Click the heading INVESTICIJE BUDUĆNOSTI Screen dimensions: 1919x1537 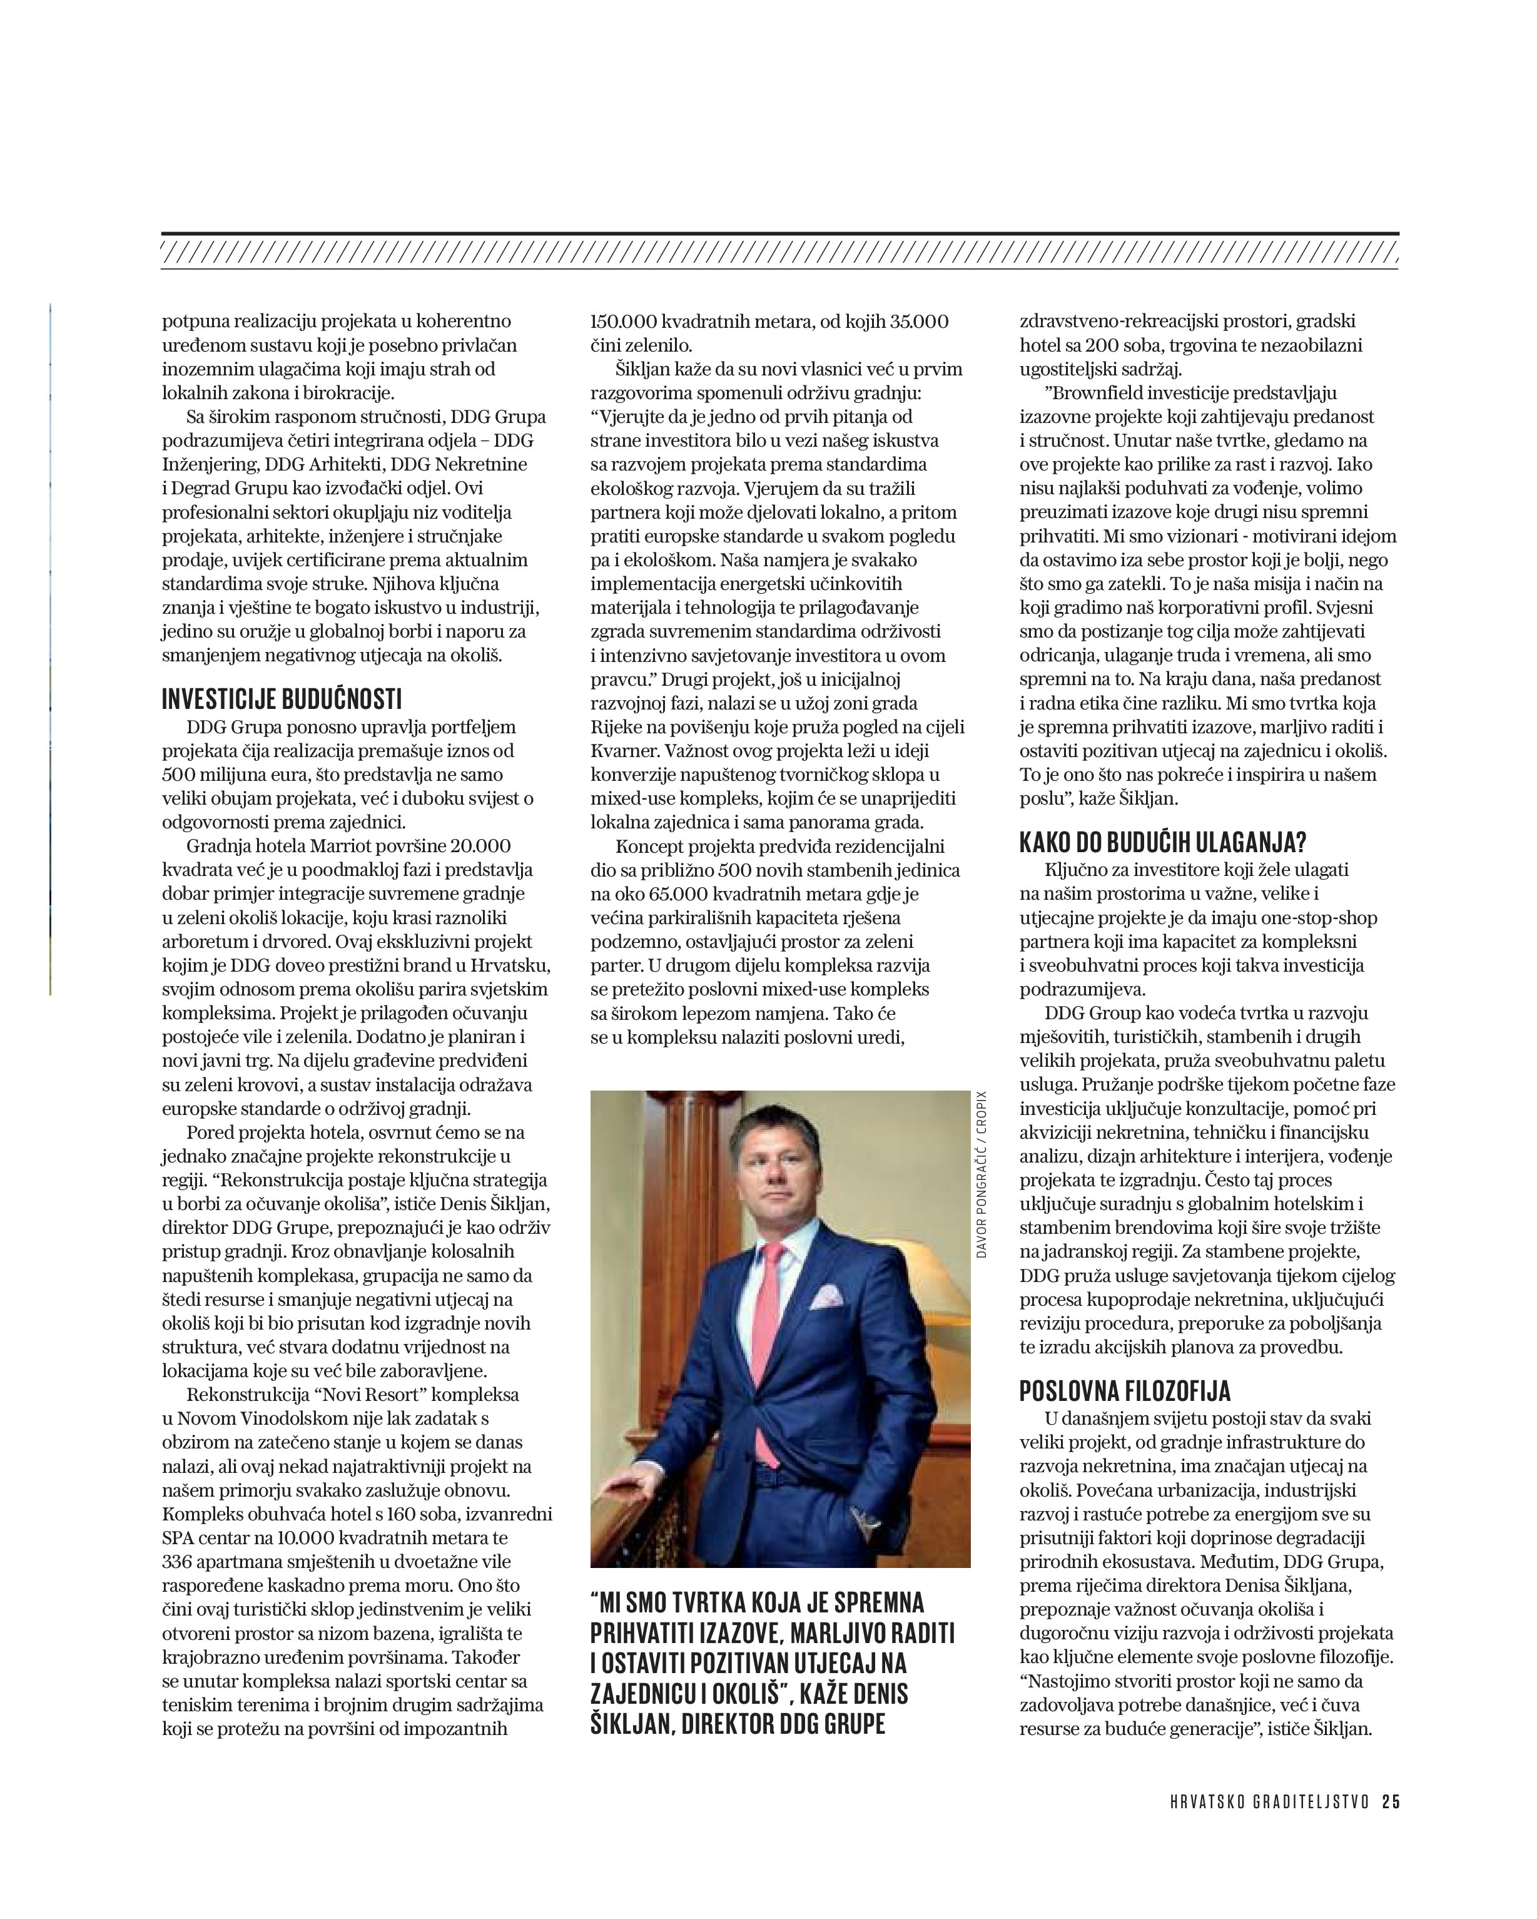pyautogui.click(x=282, y=700)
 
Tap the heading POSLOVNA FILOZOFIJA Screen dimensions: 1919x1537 pyautogui.click(x=1125, y=1391)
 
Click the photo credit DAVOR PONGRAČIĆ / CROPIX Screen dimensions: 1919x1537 pyautogui.click(x=981, y=1174)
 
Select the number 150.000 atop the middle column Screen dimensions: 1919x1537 pyautogui.click(x=625, y=322)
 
